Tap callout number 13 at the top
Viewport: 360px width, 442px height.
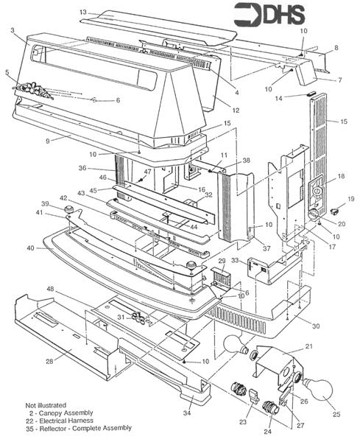tap(83, 13)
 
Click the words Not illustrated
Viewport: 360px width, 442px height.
tap(46, 404)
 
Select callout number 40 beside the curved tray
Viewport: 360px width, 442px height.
tap(29, 248)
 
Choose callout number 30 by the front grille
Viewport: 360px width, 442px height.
tap(315, 325)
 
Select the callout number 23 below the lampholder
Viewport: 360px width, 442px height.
tap(244, 423)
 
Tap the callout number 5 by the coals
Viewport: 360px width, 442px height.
tap(7, 72)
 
